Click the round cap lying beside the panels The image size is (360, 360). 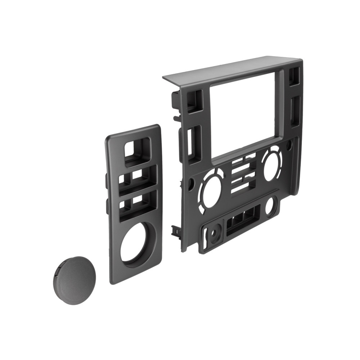coord(76,280)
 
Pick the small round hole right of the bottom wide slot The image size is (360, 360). coord(270,206)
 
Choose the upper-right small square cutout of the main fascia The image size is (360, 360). coord(294,76)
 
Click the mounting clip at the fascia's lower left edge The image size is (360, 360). coord(176,230)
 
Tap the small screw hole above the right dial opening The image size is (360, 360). coord(288,146)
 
